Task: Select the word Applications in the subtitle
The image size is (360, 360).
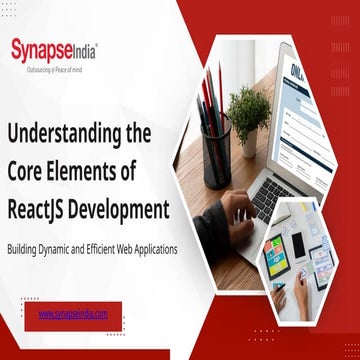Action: point(156,247)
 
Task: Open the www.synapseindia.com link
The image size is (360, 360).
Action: point(73,313)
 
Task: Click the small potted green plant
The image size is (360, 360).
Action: point(248,112)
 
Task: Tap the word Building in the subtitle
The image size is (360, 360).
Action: point(23,247)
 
